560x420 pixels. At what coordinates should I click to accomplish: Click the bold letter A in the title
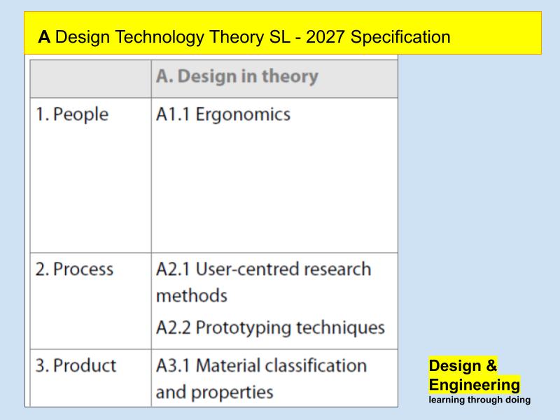point(44,37)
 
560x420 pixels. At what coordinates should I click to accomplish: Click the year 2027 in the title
point(325,37)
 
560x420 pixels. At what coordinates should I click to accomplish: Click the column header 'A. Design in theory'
point(237,76)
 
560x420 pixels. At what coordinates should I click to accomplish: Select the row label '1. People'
point(72,114)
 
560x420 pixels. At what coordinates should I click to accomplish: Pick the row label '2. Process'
point(74,269)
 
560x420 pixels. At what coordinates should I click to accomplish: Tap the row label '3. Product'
point(76,365)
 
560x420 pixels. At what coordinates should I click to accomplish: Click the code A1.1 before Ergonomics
point(173,114)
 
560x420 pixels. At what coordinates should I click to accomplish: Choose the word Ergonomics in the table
point(243,114)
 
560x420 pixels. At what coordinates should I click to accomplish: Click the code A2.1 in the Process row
point(174,269)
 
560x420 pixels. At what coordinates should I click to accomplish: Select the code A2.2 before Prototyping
point(174,327)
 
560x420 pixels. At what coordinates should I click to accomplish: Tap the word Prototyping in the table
point(240,327)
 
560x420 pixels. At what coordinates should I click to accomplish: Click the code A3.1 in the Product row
point(174,365)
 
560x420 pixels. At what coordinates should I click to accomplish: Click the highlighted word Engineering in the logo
point(474,385)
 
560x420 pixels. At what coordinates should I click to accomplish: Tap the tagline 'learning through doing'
point(479,400)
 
